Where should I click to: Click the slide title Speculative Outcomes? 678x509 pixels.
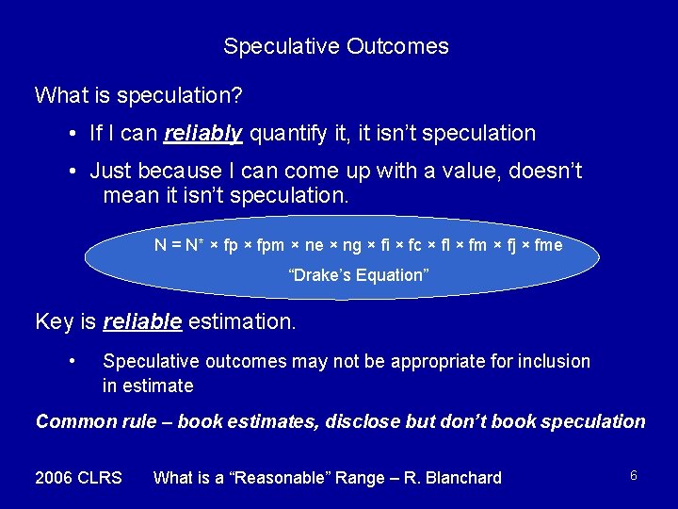[336, 46]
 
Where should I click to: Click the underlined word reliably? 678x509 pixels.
[202, 134]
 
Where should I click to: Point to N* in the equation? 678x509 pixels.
[194, 245]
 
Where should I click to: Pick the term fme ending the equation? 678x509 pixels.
[547, 245]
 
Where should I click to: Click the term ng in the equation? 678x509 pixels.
[353, 245]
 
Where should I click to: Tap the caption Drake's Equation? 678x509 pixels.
[358, 275]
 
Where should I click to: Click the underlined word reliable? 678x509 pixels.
[141, 321]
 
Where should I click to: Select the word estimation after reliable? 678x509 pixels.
[242, 321]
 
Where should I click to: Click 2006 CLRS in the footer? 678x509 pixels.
[78, 478]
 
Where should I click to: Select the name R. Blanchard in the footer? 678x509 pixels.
[454, 478]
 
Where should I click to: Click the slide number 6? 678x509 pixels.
[634, 476]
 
